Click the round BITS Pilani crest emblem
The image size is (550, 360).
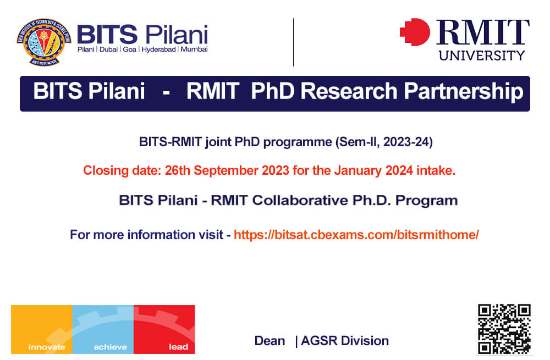[x=44, y=42]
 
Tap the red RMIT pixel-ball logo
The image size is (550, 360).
[x=415, y=32]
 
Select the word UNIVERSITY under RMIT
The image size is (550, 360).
[x=482, y=56]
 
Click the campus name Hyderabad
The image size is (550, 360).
[x=158, y=49]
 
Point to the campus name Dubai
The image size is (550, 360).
[x=108, y=49]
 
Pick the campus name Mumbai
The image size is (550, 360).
[x=194, y=49]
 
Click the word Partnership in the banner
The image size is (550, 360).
[x=463, y=91]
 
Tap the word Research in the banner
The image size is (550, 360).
[x=349, y=91]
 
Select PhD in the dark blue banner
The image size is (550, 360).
[x=273, y=91]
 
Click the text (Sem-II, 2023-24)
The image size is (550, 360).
[x=384, y=142]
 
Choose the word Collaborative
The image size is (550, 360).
[x=300, y=200]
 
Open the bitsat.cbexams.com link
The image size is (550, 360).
[x=356, y=235]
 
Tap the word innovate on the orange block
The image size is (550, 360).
[x=47, y=347]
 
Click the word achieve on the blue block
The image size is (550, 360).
[x=110, y=347]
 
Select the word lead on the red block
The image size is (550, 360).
[x=179, y=347]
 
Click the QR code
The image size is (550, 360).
[x=504, y=329]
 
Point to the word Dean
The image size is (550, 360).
[x=269, y=341]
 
